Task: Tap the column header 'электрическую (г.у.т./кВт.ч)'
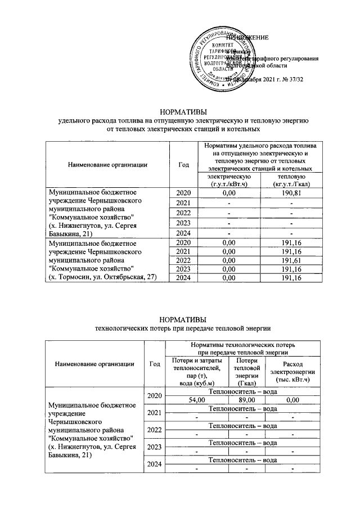coord(228,181)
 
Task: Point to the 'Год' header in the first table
coord(183,164)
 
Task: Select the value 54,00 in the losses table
coord(196,400)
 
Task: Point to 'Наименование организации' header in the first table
coord(107,164)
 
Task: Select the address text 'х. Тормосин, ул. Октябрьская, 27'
coord(101,277)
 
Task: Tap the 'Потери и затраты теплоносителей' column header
coord(196,372)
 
